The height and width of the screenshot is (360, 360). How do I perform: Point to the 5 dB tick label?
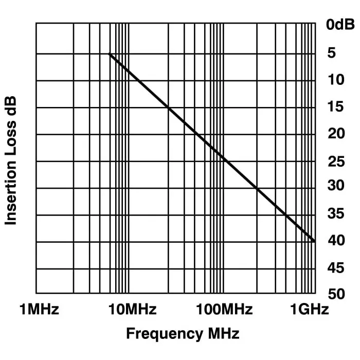pyautogui.click(x=331, y=53)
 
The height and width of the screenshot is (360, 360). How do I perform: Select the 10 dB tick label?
pyautogui.click(x=336, y=80)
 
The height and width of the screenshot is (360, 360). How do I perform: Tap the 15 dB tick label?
pyautogui.click(x=336, y=107)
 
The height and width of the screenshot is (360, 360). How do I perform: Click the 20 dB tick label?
pyautogui.click(x=336, y=134)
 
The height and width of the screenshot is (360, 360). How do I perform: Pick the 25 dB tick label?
pyautogui.click(x=336, y=161)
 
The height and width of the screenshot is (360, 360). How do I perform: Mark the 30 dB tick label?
pyautogui.click(x=336, y=186)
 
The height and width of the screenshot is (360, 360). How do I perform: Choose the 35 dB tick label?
pyautogui.click(x=336, y=213)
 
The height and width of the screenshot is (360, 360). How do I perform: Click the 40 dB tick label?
pyautogui.click(x=336, y=240)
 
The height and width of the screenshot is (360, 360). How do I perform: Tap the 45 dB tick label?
pyautogui.click(x=336, y=267)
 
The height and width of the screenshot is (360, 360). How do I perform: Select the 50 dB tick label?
pyautogui.click(x=336, y=294)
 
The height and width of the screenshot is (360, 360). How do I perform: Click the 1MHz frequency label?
pyautogui.click(x=39, y=310)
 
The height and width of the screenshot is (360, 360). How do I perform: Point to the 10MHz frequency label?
pyautogui.click(x=133, y=310)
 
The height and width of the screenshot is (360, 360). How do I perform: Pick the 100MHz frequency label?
pyautogui.click(x=225, y=310)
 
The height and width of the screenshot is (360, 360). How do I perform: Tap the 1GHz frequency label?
pyautogui.click(x=309, y=310)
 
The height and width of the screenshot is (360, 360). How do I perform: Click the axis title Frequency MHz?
pyautogui.click(x=183, y=334)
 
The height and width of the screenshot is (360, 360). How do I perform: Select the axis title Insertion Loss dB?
pyautogui.click(x=11, y=160)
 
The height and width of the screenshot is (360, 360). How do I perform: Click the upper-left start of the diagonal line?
pyautogui.click(x=110, y=54)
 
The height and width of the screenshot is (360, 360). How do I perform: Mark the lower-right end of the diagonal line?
pyautogui.click(x=314, y=241)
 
